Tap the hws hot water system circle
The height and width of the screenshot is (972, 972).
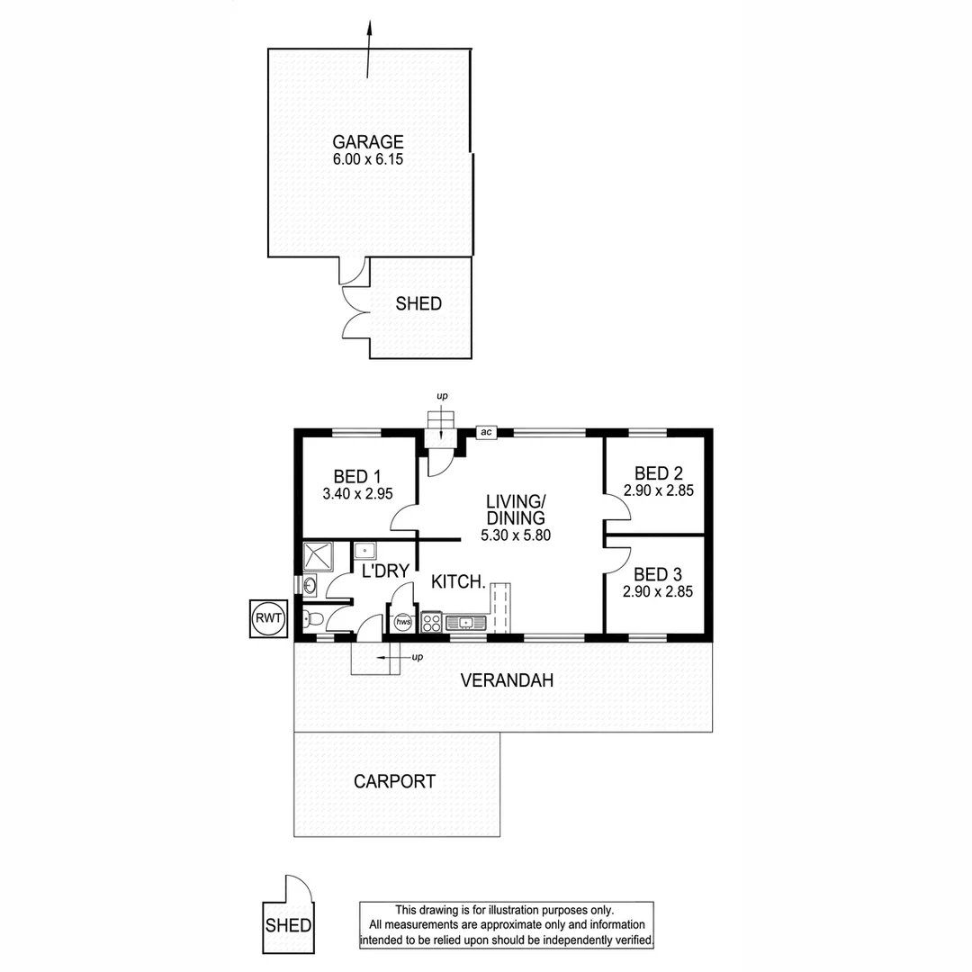click(x=403, y=621)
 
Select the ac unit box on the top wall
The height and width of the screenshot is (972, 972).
click(x=486, y=433)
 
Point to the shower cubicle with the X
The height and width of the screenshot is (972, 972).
click(x=318, y=556)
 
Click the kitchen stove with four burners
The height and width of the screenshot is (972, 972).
click(x=432, y=622)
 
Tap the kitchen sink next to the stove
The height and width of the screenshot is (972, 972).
click(x=465, y=622)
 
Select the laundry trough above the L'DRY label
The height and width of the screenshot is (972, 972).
click(x=365, y=550)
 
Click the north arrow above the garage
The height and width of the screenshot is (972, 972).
click(x=368, y=49)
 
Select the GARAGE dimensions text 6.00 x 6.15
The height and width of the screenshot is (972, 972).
click(x=368, y=160)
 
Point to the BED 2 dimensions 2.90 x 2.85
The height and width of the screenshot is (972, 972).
click(x=658, y=490)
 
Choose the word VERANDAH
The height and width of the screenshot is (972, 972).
click(x=507, y=681)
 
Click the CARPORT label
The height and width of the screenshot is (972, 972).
click(x=394, y=782)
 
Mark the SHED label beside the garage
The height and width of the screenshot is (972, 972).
click(x=418, y=304)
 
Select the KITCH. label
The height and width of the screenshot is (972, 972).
click(x=458, y=582)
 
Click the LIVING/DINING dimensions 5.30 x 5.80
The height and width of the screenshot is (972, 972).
click(x=515, y=535)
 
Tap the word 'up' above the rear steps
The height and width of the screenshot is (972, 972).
click(x=442, y=396)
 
